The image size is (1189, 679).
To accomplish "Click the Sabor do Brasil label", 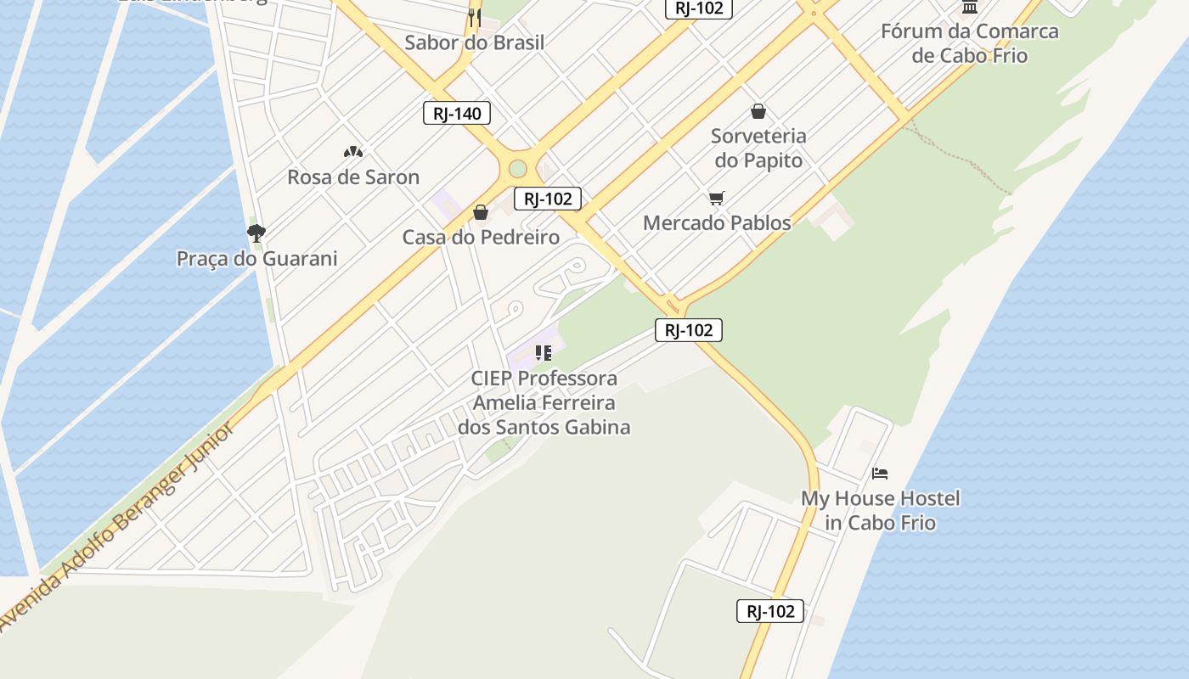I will click(x=474, y=42).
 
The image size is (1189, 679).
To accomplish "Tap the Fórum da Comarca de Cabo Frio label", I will click(x=969, y=43).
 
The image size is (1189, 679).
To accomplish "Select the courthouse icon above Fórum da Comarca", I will click(x=969, y=7).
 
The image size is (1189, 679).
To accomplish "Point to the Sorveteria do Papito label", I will click(x=758, y=148).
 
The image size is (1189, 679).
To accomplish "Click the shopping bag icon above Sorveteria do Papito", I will click(x=758, y=111).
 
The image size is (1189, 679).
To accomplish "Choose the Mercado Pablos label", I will click(x=717, y=223).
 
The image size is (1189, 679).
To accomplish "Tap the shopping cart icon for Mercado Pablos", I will click(x=717, y=198).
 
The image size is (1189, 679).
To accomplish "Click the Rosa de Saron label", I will click(x=353, y=177).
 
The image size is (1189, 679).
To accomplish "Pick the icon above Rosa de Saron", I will click(x=353, y=152).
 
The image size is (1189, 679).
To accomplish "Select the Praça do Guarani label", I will click(x=256, y=259).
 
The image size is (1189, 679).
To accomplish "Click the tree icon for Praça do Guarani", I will click(x=256, y=232).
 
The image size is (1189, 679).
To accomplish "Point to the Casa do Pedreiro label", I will click(x=481, y=238).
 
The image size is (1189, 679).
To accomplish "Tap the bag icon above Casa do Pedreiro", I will click(x=481, y=212).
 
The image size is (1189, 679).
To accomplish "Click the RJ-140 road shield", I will click(x=457, y=113).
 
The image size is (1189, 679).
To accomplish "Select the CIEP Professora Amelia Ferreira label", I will click(x=544, y=402).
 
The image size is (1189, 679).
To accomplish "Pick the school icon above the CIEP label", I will click(x=544, y=352).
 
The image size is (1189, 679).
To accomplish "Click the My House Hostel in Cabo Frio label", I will click(x=881, y=510).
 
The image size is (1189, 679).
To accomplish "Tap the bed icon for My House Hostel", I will click(x=880, y=473).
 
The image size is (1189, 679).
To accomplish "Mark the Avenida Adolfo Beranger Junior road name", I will click(x=119, y=526).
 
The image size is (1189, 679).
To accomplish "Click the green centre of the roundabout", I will click(x=517, y=169).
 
